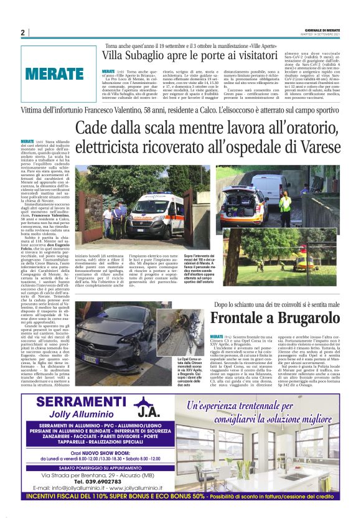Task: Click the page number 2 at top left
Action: point(22,32)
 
